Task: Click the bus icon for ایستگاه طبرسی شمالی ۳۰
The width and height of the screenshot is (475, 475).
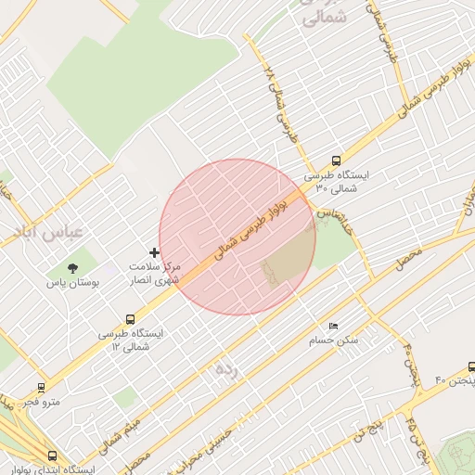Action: point(336,160)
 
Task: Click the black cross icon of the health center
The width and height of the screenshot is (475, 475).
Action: point(154,252)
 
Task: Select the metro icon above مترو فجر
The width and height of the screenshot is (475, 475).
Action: point(41,387)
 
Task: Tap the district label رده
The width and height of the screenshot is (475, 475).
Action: point(225,370)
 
